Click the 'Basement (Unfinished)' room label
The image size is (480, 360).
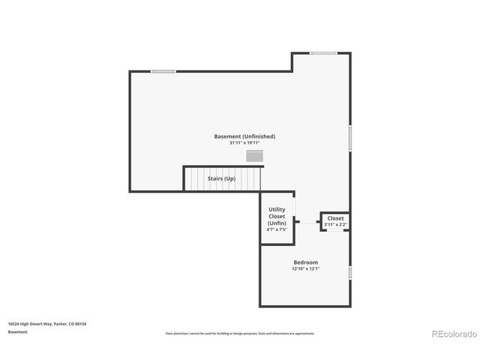(244, 136)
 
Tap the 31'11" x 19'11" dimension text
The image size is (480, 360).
(244, 143)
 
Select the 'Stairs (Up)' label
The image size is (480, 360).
(222, 178)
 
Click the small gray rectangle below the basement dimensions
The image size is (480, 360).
(255, 156)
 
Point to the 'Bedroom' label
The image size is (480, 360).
(305, 262)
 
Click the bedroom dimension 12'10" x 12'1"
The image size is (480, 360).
(305, 269)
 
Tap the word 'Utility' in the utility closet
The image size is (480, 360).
(277, 210)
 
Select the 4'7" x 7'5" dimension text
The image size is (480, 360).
(277, 229)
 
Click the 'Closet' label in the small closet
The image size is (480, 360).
(335, 218)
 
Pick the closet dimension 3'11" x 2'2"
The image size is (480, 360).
(335, 224)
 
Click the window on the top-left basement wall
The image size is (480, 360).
(163, 71)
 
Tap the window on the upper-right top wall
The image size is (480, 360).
(323, 53)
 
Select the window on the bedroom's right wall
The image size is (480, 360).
(350, 272)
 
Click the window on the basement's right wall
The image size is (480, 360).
(350, 139)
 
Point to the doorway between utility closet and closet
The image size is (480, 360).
(307, 221)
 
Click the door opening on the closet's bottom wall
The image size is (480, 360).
(334, 230)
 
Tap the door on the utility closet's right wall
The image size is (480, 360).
(294, 205)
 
